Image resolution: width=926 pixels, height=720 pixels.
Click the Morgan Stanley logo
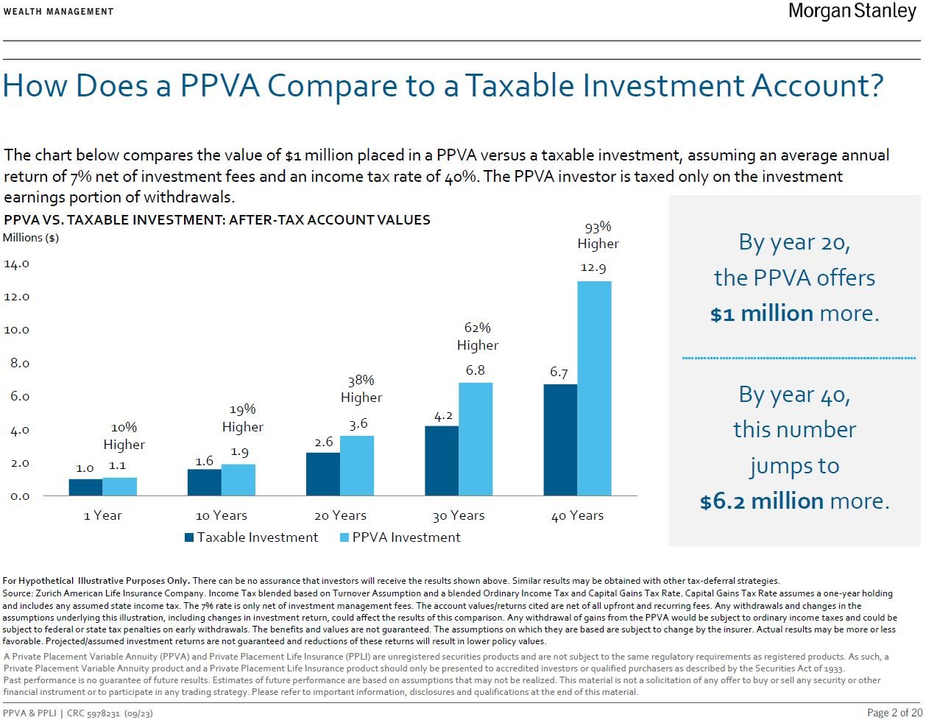tap(852, 12)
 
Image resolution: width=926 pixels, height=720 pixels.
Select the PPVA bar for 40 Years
tap(593, 388)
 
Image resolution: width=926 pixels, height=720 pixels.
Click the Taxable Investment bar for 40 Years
tap(559, 440)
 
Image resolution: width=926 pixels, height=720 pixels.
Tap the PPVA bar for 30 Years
tap(475, 439)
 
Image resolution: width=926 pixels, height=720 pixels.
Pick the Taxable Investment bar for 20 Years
tap(322, 473)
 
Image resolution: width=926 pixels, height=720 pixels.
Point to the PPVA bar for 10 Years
tap(238, 479)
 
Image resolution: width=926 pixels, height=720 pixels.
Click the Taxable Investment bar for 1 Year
tap(85, 487)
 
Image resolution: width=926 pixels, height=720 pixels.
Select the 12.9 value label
tap(593, 269)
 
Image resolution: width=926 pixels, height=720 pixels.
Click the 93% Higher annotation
tap(598, 235)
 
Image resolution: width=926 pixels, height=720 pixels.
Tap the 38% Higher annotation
tap(361, 389)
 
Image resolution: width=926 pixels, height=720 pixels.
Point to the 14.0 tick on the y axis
tap(15, 264)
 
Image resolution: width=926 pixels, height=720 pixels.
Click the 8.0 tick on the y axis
tap(15, 363)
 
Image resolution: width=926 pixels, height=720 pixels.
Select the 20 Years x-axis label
tap(340, 515)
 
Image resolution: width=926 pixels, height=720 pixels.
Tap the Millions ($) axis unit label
tap(31, 238)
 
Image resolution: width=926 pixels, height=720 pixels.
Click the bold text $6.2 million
tap(761, 501)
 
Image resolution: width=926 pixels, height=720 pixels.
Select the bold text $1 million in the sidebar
tap(761, 313)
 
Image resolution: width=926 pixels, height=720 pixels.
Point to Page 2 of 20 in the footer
tap(894, 713)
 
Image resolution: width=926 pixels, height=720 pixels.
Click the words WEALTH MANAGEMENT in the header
tap(59, 11)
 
